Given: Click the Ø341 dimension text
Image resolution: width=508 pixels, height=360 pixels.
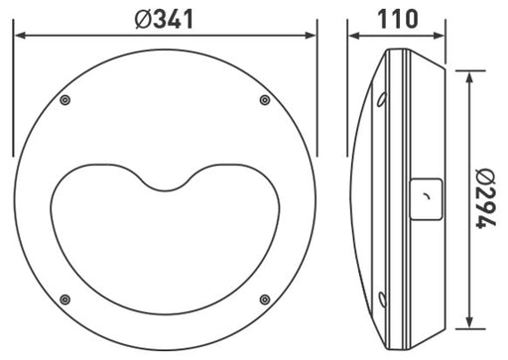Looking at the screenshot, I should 166,17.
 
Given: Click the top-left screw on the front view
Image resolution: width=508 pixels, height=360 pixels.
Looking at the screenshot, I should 64,99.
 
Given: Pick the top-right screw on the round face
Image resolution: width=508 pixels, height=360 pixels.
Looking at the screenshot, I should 264,99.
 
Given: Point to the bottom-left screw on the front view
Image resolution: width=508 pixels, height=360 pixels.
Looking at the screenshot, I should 64,299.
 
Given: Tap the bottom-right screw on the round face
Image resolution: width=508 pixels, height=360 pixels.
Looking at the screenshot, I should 264,299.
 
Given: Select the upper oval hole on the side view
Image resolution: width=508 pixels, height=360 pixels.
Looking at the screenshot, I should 382,97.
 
